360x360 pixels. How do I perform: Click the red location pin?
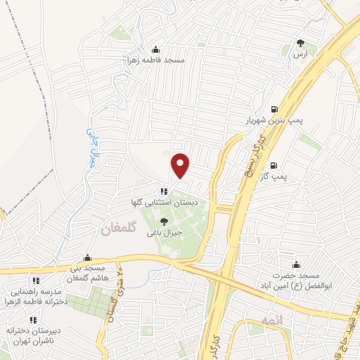pyautogui.click(x=181, y=165)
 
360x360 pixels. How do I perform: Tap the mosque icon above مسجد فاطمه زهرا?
pyautogui.click(x=155, y=49)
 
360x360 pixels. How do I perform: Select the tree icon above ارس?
pyautogui.click(x=301, y=43)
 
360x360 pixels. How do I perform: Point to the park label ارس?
pyautogui.click(x=301, y=53)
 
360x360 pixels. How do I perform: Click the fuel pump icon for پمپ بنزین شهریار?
pyautogui.click(x=274, y=109)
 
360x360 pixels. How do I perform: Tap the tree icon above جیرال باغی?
pyautogui.click(x=164, y=221)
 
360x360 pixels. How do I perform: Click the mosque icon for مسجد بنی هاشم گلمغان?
pyautogui.click(x=87, y=258)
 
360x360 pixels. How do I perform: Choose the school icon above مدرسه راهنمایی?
pyautogui.click(x=35, y=281)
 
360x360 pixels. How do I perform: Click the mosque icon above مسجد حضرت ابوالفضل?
pyautogui.click(x=296, y=265)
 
